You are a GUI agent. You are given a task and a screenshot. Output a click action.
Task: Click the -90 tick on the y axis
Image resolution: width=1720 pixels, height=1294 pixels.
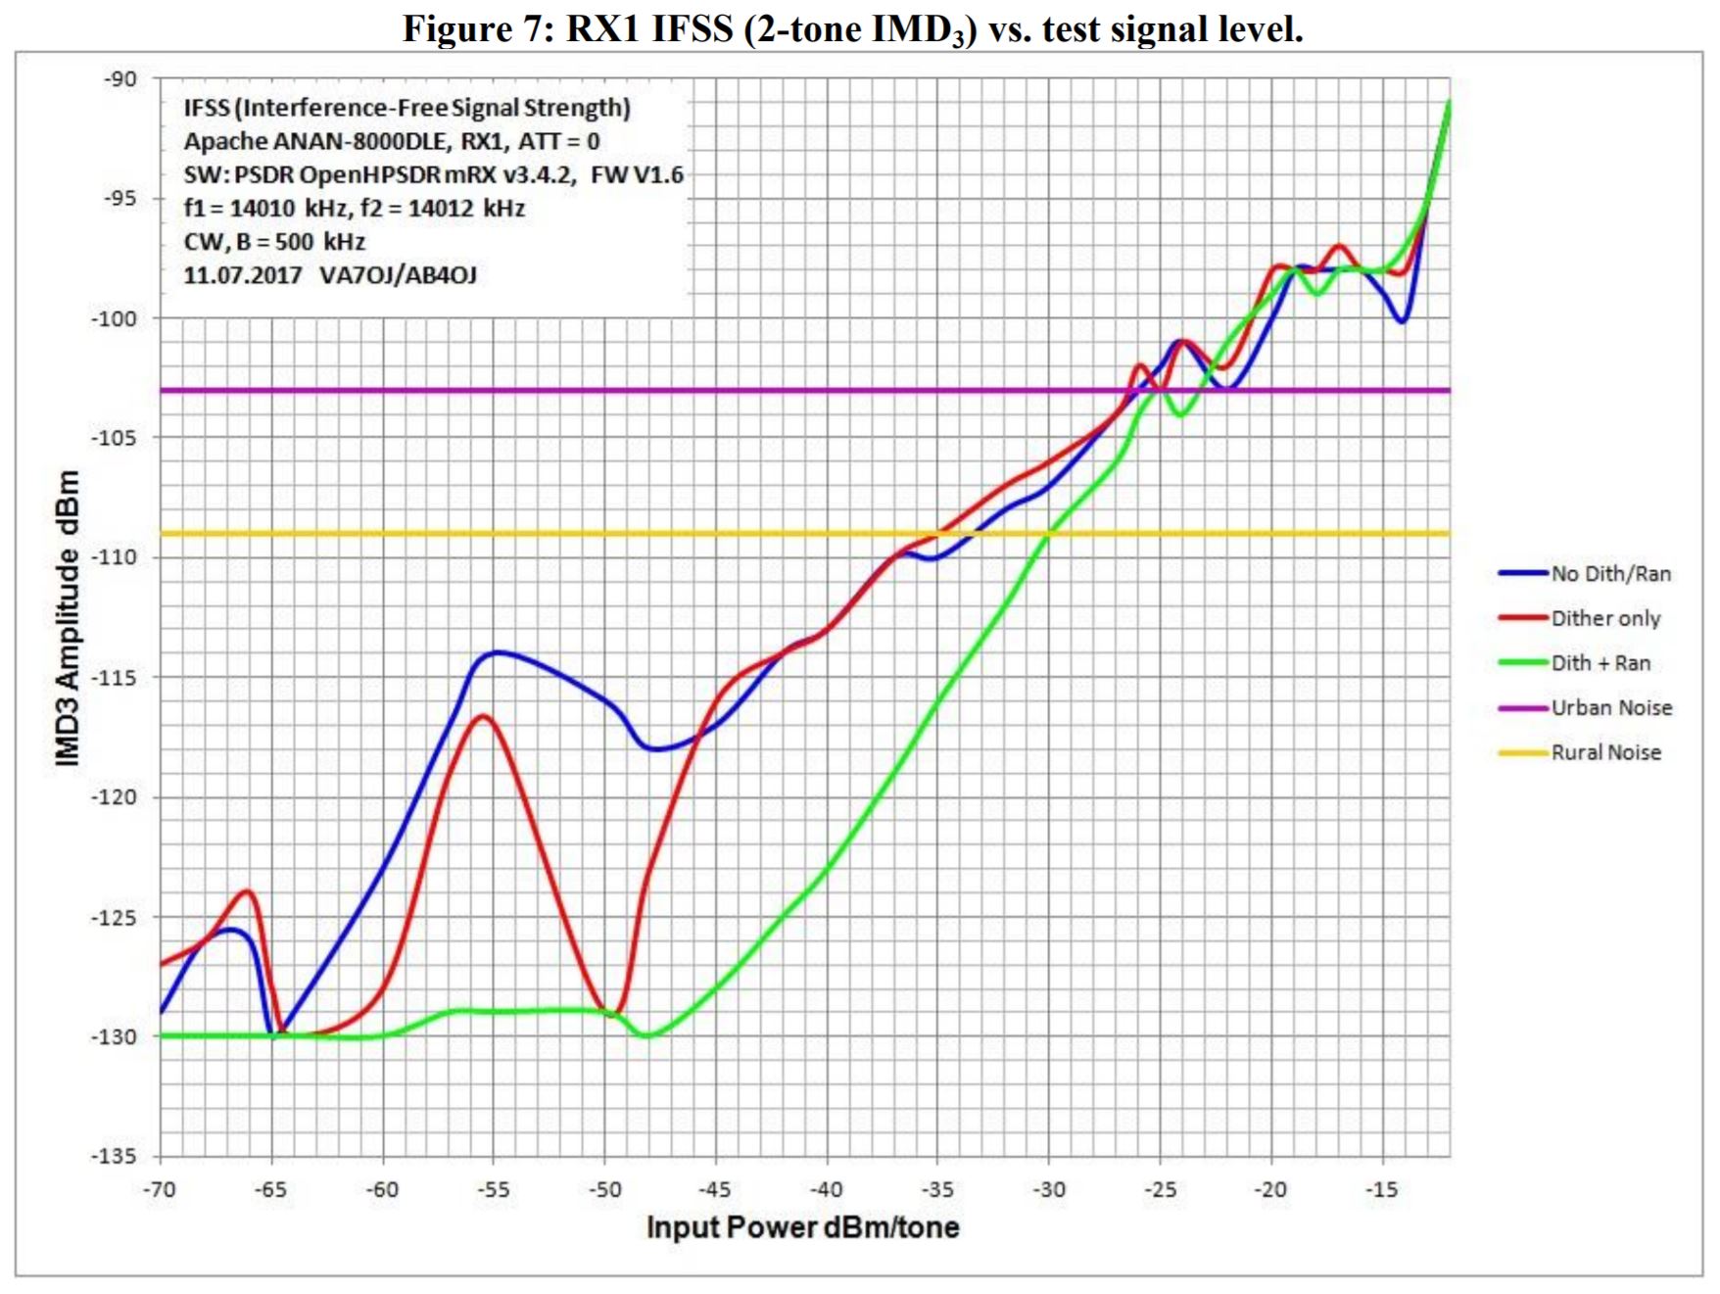[120, 79]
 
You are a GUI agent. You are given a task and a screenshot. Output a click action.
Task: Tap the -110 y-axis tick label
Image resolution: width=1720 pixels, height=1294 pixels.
[114, 557]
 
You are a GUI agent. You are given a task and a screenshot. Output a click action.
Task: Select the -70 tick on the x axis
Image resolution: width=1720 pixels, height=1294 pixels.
[159, 1189]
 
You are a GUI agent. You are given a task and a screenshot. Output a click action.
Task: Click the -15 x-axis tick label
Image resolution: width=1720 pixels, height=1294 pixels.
[1382, 1189]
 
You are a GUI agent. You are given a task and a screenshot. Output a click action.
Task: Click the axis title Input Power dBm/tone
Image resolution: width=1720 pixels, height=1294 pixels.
[802, 1227]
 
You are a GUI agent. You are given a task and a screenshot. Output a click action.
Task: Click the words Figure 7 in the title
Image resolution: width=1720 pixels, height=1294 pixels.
[470, 29]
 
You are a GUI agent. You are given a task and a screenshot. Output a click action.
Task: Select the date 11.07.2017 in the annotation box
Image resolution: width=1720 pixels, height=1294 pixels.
[242, 275]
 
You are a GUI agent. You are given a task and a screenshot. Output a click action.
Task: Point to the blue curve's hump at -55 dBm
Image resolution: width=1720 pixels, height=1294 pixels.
[497, 651]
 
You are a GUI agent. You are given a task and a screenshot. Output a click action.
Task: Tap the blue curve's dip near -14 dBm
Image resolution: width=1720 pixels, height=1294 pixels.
[1402, 321]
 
